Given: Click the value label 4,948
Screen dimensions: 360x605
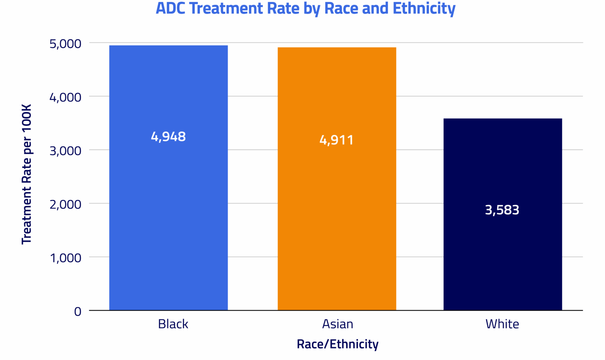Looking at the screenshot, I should tap(168, 137).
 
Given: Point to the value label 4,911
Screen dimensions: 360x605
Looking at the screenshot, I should tap(337, 140).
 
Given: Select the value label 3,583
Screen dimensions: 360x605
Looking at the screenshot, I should tap(502, 210).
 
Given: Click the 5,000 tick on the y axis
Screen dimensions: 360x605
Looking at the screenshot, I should tap(65, 44).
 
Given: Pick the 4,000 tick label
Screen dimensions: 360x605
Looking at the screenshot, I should tap(65, 98).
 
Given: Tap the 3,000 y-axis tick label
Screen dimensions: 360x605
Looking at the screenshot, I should tap(65, 151).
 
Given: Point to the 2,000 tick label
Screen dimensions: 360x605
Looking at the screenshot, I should tap(65, 205).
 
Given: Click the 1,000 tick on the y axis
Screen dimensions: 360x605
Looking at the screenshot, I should tap(65, 258).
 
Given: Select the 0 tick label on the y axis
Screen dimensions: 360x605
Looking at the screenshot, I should tap(78, 312).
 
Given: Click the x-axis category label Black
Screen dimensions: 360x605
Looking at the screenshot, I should tap(173, 324).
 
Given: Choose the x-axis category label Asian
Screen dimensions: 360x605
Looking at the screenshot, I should tap(338, 324).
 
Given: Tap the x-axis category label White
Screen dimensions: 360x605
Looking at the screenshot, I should tap(502, 324).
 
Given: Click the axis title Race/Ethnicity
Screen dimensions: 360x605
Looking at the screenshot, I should tap(337, 344).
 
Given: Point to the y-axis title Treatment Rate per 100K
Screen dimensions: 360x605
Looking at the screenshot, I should tap(26, 174).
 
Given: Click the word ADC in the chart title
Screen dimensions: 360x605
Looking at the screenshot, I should tap(171, 8).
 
